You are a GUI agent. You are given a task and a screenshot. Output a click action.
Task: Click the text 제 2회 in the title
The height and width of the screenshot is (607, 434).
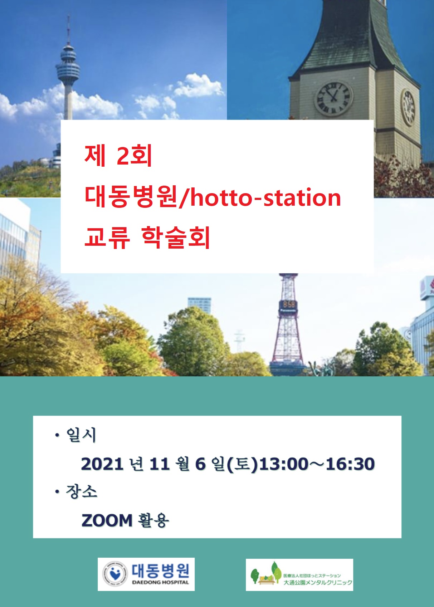(x=118, y=156)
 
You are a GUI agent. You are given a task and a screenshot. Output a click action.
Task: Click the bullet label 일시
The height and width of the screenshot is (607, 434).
(x=81, y=435)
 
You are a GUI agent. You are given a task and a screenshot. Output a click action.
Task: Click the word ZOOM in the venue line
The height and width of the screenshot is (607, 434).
(x=107, y=520)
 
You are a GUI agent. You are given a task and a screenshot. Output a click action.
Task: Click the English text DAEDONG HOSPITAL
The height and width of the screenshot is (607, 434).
(x=161, y=582)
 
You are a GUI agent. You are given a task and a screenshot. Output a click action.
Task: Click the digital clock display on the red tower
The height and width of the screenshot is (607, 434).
(x=288, y=305)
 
